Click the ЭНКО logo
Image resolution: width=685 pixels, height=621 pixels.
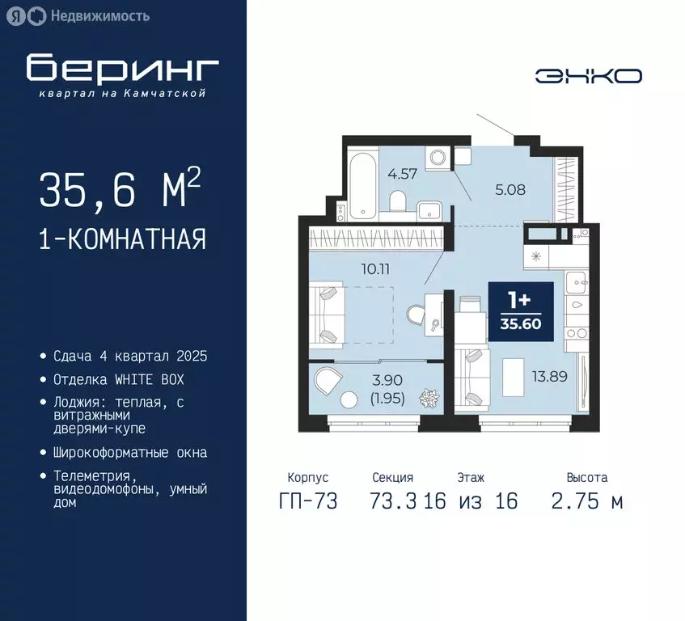click(x=588, y=75)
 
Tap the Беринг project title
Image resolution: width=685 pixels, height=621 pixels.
click(x=122, y=70)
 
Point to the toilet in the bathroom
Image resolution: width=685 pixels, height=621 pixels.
click(x=398, y=201)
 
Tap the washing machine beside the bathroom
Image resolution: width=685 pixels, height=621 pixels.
click(x=439, y=157)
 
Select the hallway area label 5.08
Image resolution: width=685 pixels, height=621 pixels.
click(x=511, y=191)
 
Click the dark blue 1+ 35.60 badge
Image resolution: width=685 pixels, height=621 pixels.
click(x=521, y=310)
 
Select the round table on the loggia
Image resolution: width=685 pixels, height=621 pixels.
click(x=349, y=399)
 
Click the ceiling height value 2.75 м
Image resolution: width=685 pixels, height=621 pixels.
click(x=586, y=501)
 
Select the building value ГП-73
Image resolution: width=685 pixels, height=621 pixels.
click(x=307, y=501)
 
